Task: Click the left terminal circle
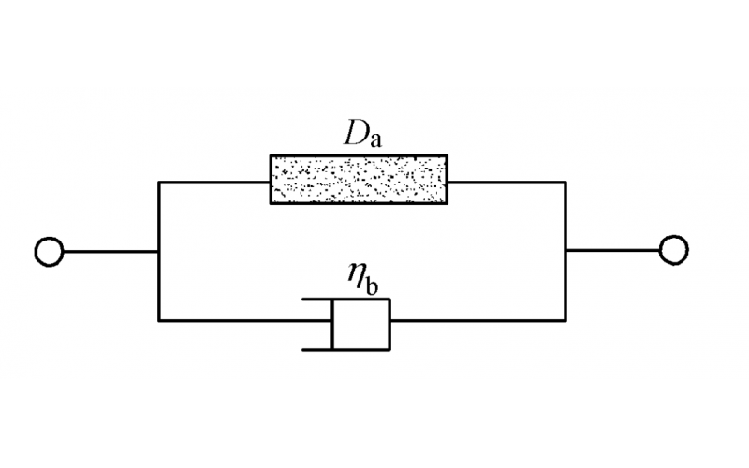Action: tap(49, 251)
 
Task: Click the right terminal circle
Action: tap(674, 250)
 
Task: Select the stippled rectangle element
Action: tap(360, 180)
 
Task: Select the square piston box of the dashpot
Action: tap(361, 324)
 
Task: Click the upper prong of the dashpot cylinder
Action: tap(316, 300)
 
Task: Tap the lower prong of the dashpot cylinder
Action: tap(316, 349)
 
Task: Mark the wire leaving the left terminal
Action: tap(110, 251)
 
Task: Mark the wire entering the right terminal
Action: tap(612, 250)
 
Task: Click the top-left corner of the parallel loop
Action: tap(159, 182)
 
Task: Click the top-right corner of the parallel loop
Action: tap(565, 182)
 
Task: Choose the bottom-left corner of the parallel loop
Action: tap(159, 321)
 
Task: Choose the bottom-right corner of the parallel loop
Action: tap(565, 321)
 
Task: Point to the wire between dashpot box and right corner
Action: tap(477, 321)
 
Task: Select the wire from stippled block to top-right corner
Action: tap(507, 182)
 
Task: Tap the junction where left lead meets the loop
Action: tap(159, 251)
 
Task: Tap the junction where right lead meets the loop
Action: tap(565, 250)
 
